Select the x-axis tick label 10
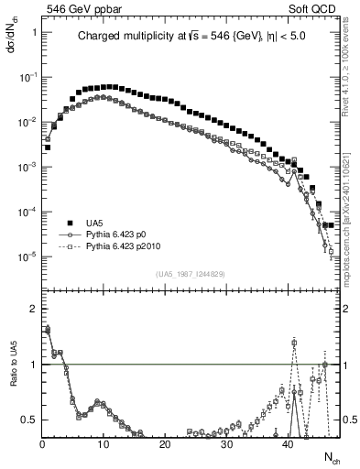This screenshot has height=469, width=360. coord(104,446)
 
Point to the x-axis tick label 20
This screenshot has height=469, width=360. coord(165,446)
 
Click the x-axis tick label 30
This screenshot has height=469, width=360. coord(226,446)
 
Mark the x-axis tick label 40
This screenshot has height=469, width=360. coord(288,446)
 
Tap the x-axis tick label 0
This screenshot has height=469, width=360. coord(42,446)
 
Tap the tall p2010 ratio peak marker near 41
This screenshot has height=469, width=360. coord(294,343)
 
